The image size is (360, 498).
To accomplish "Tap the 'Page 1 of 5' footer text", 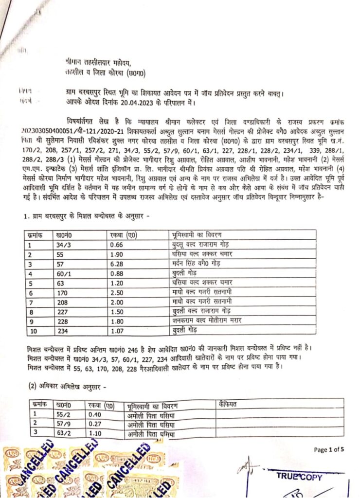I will [x=329, y=449].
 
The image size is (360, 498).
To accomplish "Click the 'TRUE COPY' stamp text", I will [x=299, y=477].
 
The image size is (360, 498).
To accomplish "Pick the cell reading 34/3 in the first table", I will [x=65, y=245].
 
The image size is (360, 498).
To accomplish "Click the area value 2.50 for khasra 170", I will [x=118, y=293].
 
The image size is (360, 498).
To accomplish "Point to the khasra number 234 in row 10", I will [x=62, y=332].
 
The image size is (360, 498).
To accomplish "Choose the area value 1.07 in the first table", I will [x=118, y=332].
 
